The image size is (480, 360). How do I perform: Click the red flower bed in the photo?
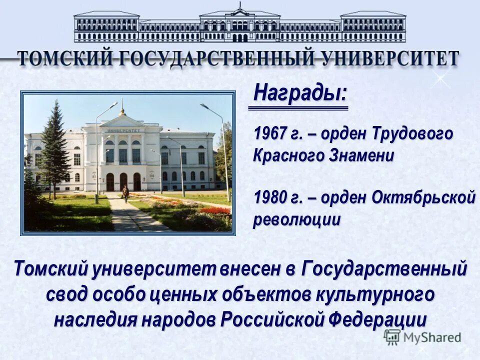click(x=215, y=210)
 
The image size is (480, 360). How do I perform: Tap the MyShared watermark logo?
click(x=422, y=337)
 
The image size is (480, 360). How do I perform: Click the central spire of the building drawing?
click(x=240, y=7)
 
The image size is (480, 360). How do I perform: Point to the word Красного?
click(x=287, y=155)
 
